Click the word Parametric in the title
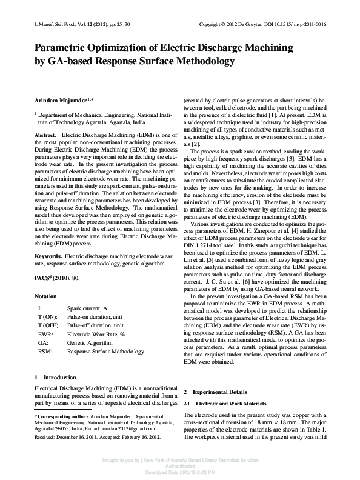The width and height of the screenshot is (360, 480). (x=62, y=48)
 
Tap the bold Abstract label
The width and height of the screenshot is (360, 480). (x=45, y=135)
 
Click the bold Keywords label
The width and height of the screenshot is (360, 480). (x=48, y=256)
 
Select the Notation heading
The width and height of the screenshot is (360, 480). (x=45, y=296)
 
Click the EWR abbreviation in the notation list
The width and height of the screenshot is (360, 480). (x=45, y=334)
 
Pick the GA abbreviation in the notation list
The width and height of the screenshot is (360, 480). (x=42, y=342)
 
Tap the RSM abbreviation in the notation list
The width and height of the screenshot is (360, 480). (x=44, y=351)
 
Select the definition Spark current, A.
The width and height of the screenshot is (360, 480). (x=88, y=308)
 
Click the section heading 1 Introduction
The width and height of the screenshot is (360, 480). (x=55, y=377)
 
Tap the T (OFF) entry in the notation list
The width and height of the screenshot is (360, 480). (x=48, y=325)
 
